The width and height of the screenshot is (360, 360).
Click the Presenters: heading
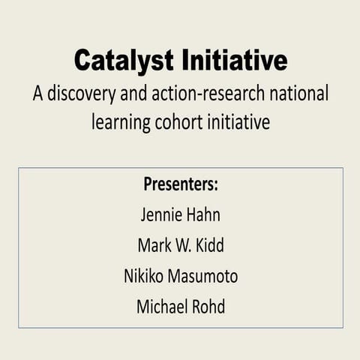(x=181, y=184)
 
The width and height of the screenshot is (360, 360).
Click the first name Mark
(x=154, y=245)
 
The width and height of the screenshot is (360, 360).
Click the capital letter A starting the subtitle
(x=37, y=96)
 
